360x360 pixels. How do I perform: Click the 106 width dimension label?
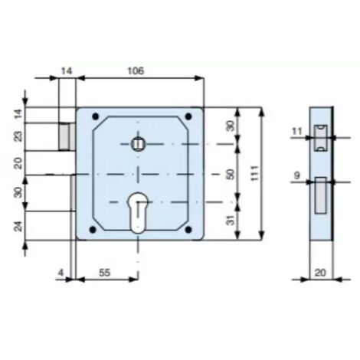pyautogui.click(x=136, y=70)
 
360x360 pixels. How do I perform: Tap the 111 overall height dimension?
pyautogui.click(x=254, y=173)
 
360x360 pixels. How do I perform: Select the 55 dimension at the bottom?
pyautogui.click(x=104, y=273)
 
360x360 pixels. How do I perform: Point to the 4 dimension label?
pyautogui.click(x=61, y=273)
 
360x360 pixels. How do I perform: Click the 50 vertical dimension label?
pyautogui.click(x=230, y=174)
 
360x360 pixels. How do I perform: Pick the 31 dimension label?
pyautogui.click(x=231, y=220)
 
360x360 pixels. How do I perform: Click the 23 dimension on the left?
pyautogui.click(x=18, y=136)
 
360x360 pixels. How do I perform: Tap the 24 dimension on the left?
pyautogui.click(x=18, y=226)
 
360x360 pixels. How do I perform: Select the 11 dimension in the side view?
pyautogui.click(x=296, y=132)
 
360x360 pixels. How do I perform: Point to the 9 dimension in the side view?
pyautogui.click(x=297, y=175)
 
